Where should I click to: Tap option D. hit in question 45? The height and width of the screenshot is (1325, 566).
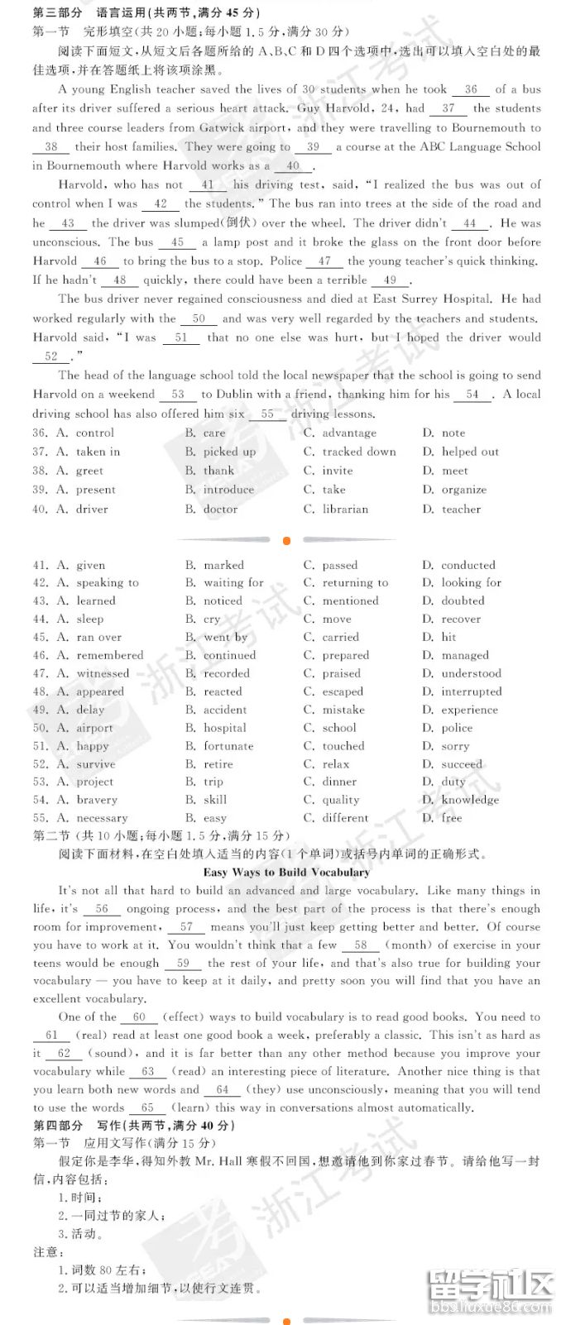tap(440, 637)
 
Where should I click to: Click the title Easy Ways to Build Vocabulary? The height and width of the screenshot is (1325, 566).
tap(286, 872)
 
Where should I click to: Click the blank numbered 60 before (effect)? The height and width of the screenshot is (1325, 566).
tap(139, 1017)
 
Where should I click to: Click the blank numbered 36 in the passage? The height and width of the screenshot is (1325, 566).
tap(471, 89)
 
